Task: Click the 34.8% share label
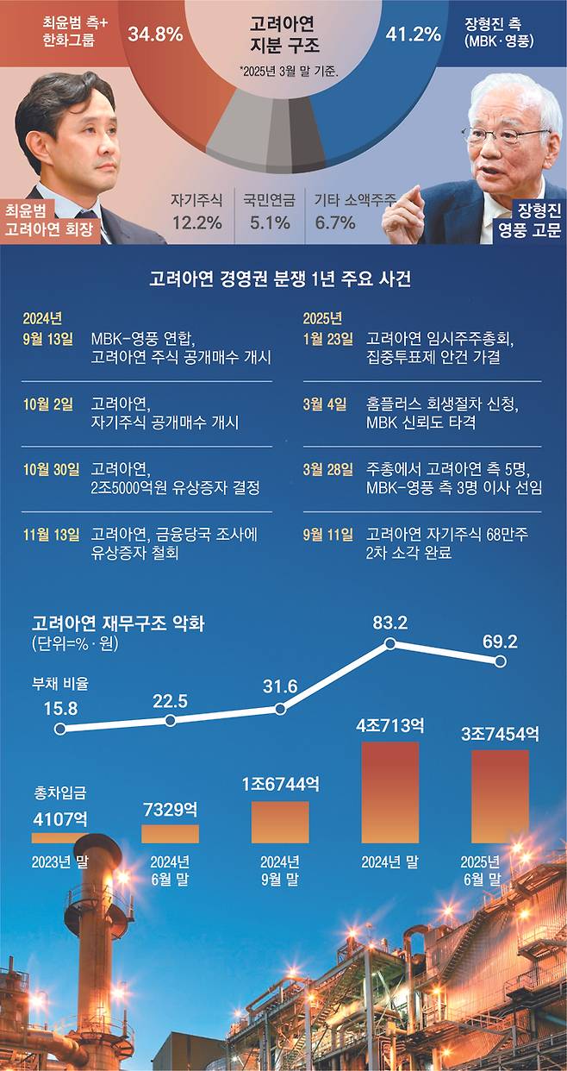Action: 155,34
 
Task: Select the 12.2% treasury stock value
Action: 196,222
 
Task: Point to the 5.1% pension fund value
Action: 268,222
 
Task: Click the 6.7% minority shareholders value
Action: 335,222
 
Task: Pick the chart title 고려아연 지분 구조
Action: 284,35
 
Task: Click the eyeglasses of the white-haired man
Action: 505,135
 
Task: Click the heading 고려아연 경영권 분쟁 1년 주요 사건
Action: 283,279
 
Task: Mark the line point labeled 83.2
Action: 390,643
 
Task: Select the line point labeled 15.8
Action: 59,729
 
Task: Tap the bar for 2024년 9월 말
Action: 280,822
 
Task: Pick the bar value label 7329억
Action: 169,810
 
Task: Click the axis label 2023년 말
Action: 59,861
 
